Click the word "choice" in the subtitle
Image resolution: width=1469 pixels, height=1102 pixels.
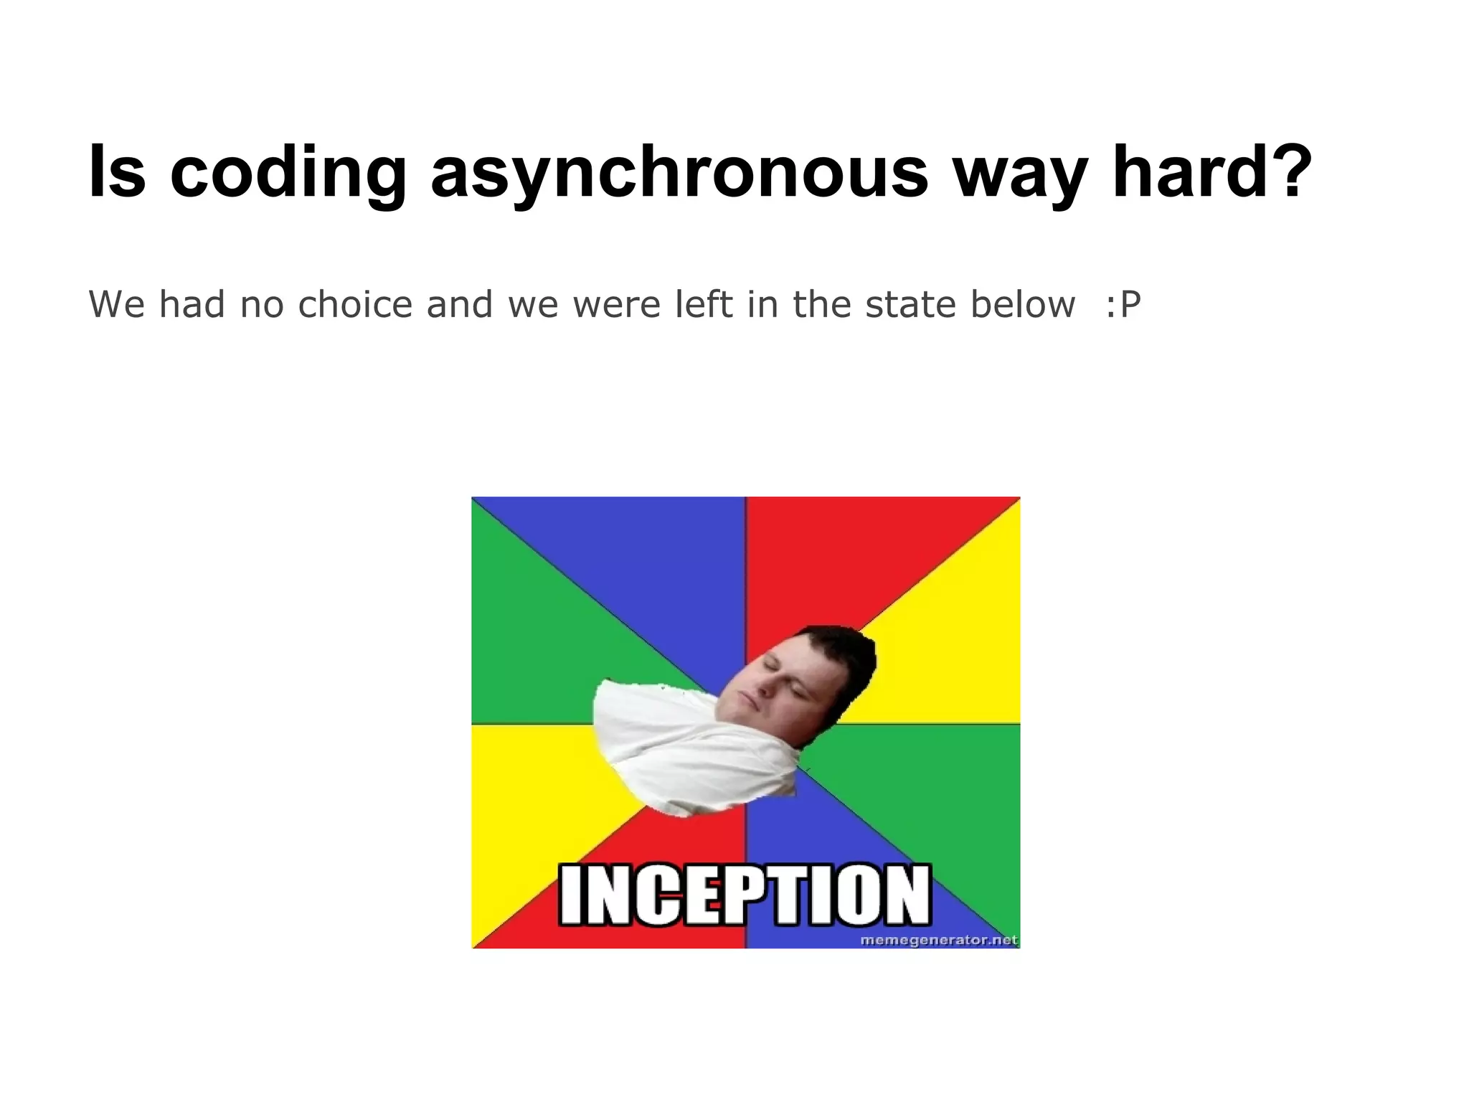pyautogui.click(x=355, y=304)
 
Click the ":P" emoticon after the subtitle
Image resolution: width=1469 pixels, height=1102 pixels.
pyautogui.click(x=1122, y=304)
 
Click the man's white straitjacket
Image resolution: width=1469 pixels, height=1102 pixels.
pyautogui.click(x=689, y=753)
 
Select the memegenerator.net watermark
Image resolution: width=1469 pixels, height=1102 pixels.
pyautogui.click(x=938, y=940)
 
